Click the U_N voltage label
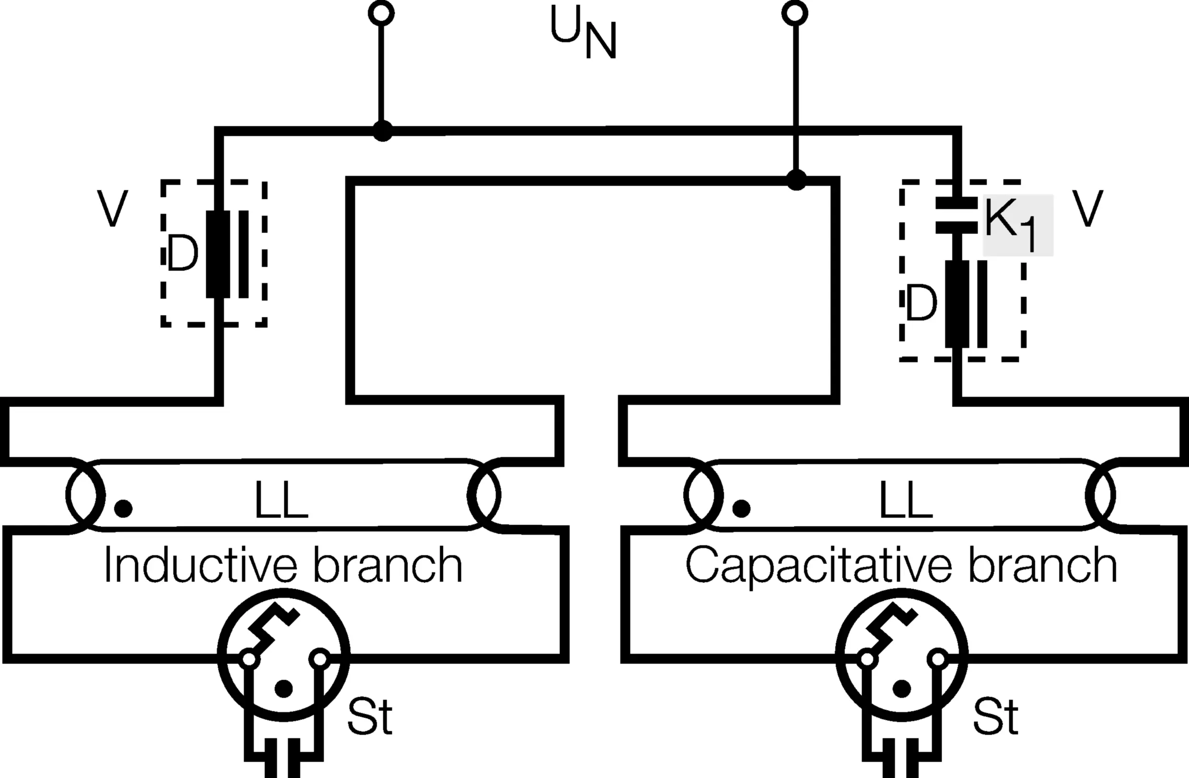583,33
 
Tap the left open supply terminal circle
381,13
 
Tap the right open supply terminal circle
795,13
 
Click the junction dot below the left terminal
383,132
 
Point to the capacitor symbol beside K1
956,215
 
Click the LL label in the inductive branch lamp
281,501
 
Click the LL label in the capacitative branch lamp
906,501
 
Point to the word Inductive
200,565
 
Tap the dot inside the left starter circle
284,689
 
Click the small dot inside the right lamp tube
741,508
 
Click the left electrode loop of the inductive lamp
85,495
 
